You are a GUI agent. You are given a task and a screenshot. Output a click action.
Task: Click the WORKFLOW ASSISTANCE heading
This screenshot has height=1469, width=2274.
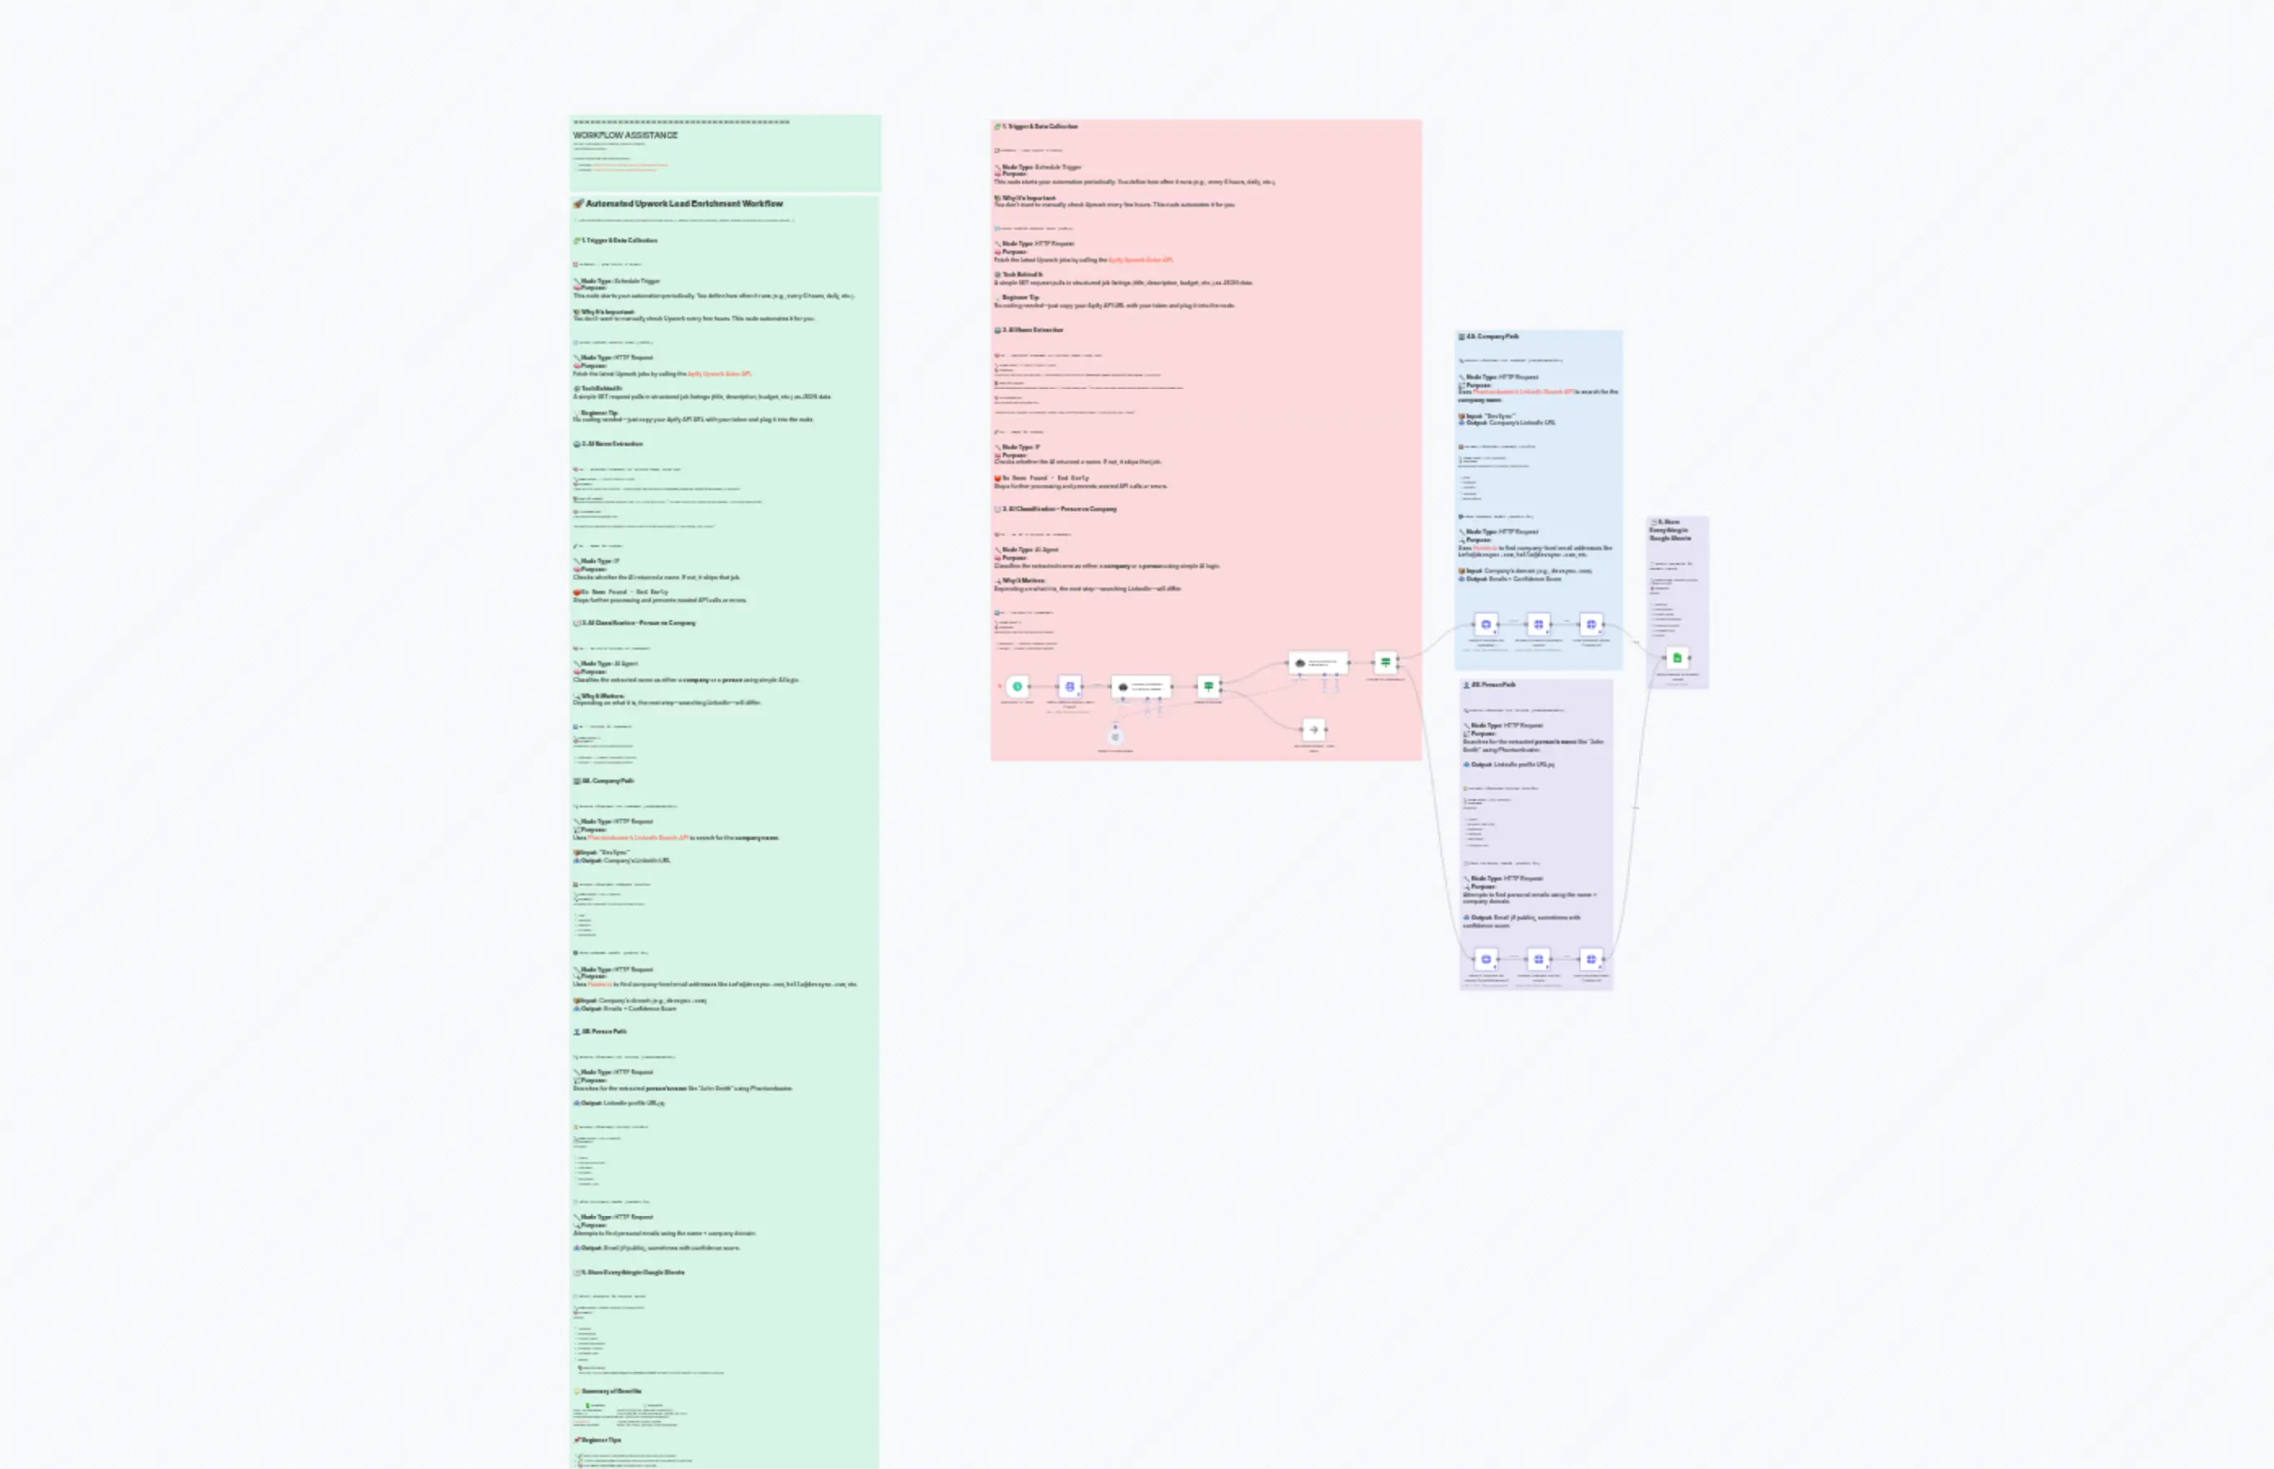[626, 135]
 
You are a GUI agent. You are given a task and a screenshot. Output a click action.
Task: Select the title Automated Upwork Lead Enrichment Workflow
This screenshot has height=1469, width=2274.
[684, 204]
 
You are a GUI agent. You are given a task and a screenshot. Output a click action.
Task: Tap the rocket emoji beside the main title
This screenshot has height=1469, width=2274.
[578, 204]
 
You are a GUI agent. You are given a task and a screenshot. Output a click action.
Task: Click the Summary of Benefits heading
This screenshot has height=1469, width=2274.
[611, 1392]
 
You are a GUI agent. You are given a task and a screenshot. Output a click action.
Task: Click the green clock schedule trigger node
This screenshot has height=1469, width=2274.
[1018, 687]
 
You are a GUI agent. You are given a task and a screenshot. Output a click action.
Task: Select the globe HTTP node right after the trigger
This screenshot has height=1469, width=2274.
[1069, 687]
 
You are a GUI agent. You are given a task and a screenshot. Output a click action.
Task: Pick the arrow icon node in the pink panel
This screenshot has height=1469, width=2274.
[1314, 730]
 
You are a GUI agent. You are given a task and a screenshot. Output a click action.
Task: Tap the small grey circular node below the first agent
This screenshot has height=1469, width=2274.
[1115, 737]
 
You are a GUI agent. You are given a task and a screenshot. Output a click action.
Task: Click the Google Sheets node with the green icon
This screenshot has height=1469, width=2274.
[1677, 658]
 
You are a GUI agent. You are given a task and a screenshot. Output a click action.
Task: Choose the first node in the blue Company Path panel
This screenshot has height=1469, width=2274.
[1485, 625]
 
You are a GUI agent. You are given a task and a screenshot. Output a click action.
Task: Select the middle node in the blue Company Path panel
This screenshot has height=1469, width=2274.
[1537, 625]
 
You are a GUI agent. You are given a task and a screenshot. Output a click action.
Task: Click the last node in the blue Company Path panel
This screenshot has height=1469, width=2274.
[1590, 625]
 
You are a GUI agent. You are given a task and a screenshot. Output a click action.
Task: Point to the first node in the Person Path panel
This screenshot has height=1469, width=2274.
[1485, 960]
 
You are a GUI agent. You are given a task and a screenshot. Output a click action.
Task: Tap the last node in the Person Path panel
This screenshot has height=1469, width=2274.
[1590, 960]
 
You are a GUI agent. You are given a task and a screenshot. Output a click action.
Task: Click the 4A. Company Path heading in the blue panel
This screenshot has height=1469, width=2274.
[1492, 337]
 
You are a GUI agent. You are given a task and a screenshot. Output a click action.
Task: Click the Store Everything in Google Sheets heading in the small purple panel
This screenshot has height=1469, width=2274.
[1670, 531]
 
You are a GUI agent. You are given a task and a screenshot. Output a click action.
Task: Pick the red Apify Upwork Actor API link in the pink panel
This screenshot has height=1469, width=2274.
[1140, 260]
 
